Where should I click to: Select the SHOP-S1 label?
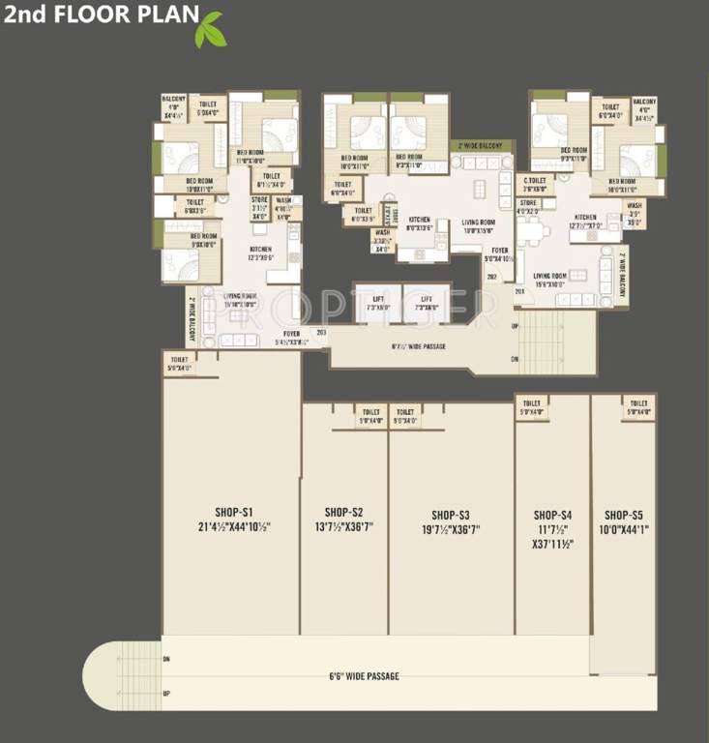(234, 512)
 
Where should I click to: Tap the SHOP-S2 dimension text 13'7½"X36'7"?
(343, 527)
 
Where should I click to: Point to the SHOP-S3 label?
(451, 514)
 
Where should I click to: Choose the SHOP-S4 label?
(552, 515)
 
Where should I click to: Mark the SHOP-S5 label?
(624, 515)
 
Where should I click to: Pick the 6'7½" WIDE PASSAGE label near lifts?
(419, 345)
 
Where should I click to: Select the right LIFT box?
(427, 303)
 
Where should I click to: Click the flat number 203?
(321, 332)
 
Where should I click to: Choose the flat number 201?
(519, 291)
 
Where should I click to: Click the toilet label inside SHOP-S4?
(531, 408)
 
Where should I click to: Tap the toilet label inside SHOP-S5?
(637, 408)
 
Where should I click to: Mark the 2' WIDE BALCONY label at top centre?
(480, 145)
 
